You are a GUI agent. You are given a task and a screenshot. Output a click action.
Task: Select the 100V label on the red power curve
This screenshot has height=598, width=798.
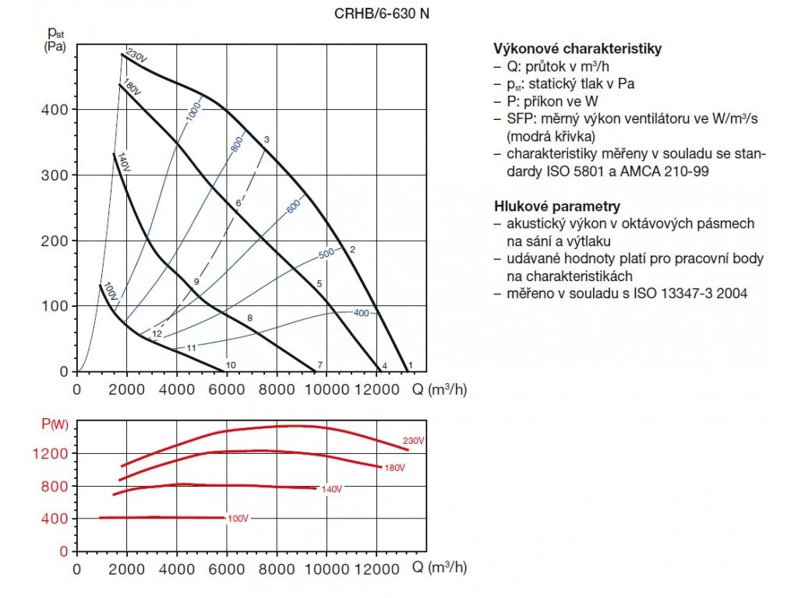click(238, 518)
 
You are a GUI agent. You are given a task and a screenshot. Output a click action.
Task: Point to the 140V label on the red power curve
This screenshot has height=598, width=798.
click(331, 489)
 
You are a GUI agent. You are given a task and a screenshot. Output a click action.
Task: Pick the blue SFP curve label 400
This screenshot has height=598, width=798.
click(361, 313)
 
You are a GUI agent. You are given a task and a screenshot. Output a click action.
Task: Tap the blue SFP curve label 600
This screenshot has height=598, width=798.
click(293, 208)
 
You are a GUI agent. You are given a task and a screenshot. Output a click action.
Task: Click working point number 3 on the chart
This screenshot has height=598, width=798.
click(267, 139)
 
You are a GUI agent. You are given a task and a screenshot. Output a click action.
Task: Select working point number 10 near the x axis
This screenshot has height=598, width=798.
click(231, 364)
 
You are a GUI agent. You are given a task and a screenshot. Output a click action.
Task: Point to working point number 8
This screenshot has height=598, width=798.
click(249, 318)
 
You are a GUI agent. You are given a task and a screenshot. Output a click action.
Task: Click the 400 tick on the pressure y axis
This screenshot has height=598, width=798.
click(56, 110)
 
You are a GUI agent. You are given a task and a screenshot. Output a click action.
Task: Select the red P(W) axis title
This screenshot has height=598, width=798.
click(54, 424)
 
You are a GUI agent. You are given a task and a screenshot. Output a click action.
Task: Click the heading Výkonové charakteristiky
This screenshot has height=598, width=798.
click(577, 48)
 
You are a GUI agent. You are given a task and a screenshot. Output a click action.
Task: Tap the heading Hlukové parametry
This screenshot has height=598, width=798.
click(557, 206)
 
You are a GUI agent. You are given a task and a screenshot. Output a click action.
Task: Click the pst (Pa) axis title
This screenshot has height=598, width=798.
click(55, 39)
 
